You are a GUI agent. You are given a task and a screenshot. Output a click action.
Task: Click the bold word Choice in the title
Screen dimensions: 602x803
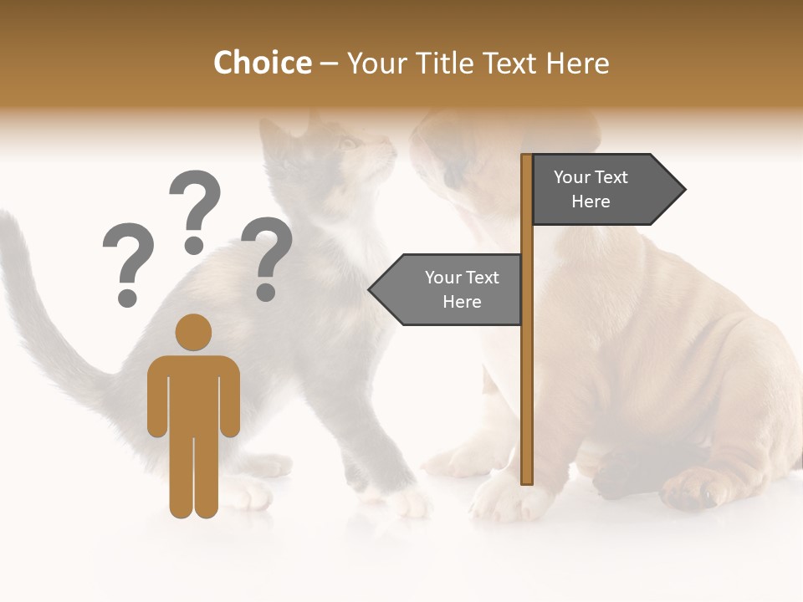[x=262, y=63]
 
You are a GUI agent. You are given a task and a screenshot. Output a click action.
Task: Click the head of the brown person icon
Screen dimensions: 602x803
[x=193, y=332]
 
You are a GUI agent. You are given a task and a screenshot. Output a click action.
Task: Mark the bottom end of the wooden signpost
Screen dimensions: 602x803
[x=527, y=480]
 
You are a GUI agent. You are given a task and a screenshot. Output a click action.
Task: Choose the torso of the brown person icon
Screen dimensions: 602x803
[x=193, y=393]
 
